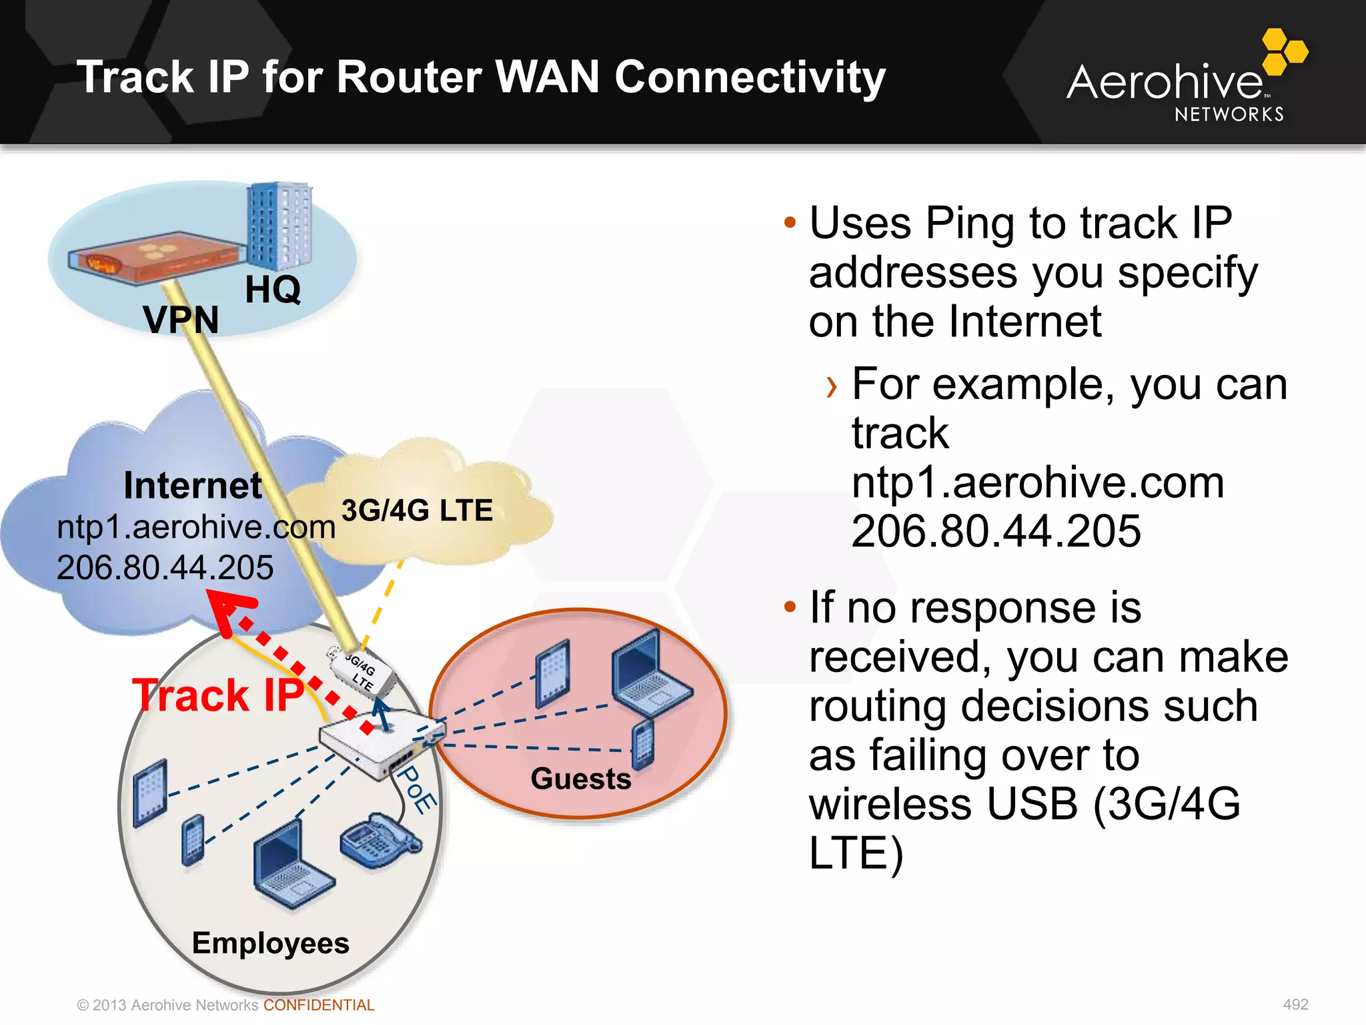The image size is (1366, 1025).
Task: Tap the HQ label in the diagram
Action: (272, 290)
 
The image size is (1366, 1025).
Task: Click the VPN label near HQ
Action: (181, 319)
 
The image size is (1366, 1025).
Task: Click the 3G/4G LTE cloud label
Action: (417, 510)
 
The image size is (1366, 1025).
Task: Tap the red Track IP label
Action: (217, 695)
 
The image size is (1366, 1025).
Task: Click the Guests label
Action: (580, 779)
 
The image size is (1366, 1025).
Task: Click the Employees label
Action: (270, 943)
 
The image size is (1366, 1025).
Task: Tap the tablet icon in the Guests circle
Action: (553, 673)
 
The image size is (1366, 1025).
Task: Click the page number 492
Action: (1295, 1004)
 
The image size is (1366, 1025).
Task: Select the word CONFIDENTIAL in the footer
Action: (319, 1005)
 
